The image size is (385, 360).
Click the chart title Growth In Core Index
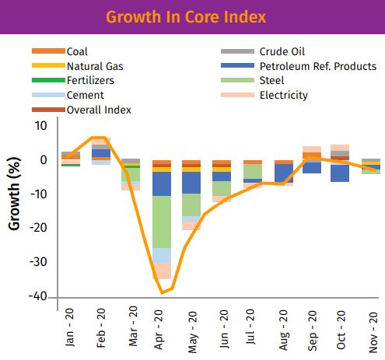point(186,17)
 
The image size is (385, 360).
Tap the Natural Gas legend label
point(95,66)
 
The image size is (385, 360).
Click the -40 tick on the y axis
point(38,296)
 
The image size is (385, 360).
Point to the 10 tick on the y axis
point(41,126)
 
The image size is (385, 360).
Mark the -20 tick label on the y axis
point(38,228)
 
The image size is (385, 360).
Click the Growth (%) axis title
point(14,194)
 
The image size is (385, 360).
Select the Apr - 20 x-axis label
point(159,330)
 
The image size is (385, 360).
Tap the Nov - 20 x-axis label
point(373,332)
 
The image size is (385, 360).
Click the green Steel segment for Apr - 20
point(162,222)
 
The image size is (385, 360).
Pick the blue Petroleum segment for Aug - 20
point(284,173)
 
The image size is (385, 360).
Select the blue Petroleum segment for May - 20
point(191,183)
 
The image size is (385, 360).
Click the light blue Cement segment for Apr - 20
point(162,256)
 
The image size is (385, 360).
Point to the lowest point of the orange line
point(163,293)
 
